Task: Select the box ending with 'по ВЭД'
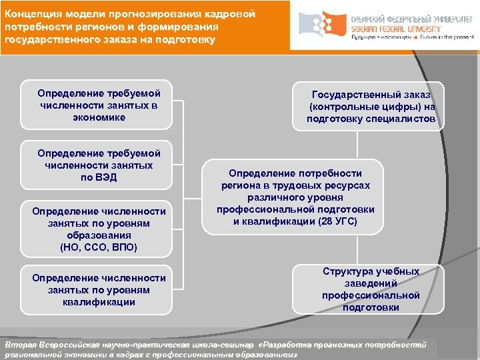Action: [99, 165]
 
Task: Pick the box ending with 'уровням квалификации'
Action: [99, 289]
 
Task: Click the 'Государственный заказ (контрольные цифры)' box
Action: [371, 107]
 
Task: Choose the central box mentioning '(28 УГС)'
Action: [295, 197]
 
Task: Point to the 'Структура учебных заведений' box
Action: [371, 289]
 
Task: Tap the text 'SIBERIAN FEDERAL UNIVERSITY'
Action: [395, 30]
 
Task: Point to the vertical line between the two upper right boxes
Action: [359, 144]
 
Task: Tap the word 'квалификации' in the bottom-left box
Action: [99, 302]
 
